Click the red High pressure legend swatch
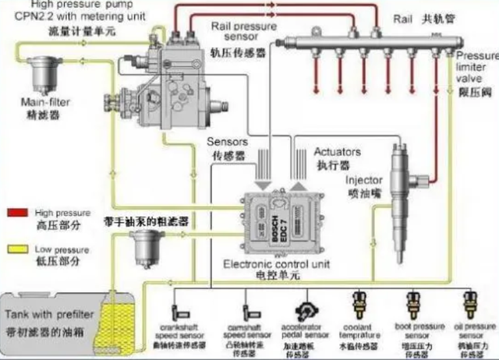coord(16,211)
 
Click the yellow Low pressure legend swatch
coord(16,249)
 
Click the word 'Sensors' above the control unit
coord(227,143)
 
